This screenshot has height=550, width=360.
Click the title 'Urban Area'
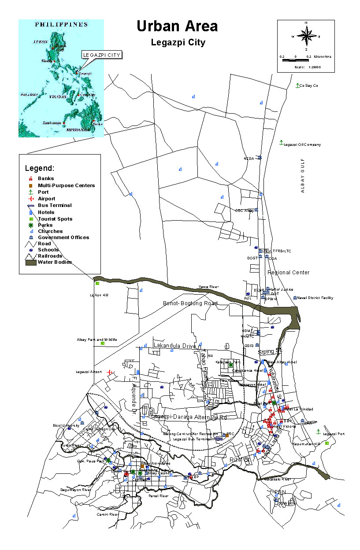[177, 26]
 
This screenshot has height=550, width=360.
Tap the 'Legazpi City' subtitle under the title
[178, 43]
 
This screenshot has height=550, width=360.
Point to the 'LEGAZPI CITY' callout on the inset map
[101, 55]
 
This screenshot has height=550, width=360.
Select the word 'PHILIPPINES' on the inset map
[61, 25]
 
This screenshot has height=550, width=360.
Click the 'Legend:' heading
[40, 168]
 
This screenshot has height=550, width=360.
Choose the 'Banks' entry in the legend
[46, 179]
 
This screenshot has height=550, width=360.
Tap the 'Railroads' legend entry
[50, 256]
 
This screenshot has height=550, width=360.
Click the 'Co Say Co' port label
[308, 85]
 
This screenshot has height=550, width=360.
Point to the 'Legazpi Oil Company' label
[302, 144]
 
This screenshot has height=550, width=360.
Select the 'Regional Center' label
[289, 273]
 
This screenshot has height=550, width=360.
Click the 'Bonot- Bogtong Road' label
[190, 303]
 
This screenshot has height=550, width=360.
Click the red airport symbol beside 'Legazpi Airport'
[109, 372]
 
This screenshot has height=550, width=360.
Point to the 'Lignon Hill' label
[99, 295]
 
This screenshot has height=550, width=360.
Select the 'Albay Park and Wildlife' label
[97, 340]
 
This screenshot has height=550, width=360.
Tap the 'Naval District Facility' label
[315, 298]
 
